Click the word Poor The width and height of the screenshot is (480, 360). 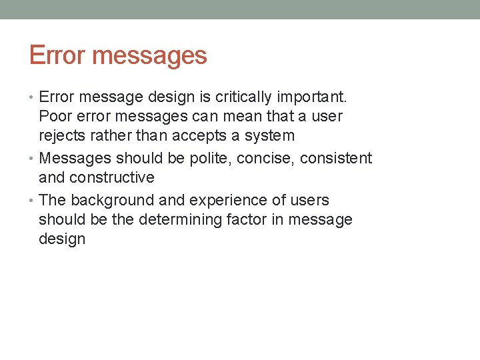(54, 117)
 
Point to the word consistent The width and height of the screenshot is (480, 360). (336, 159)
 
